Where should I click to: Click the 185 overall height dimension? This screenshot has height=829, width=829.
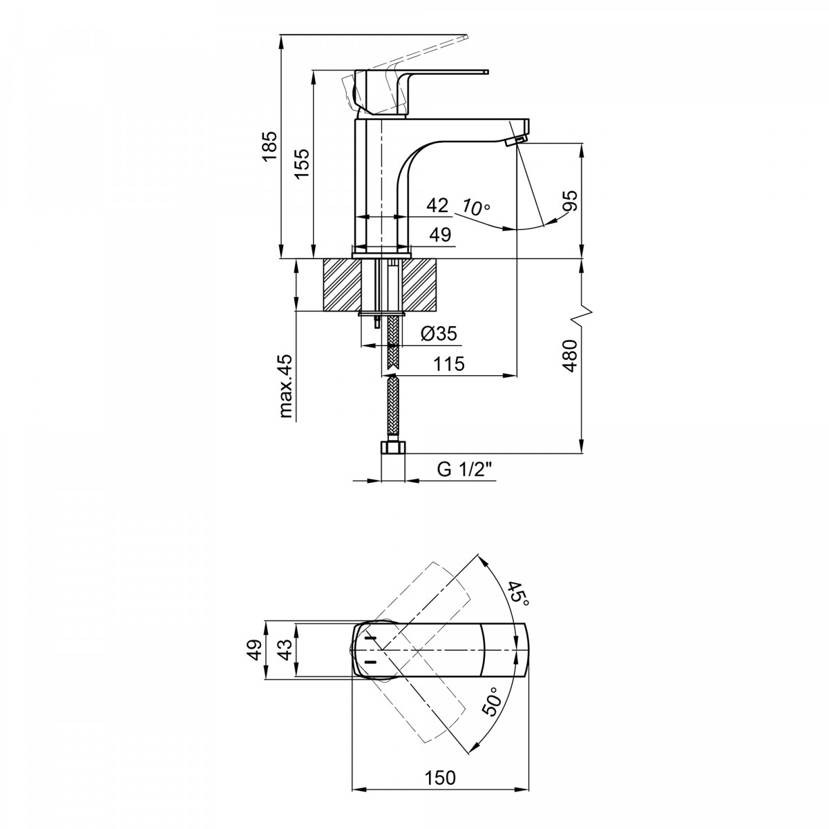click(x=269, y=146)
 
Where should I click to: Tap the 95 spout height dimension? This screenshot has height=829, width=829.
click(x=572, y=200)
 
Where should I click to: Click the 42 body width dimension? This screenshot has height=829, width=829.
click(x=437, y=205)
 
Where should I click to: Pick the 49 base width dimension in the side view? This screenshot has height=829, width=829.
click(x=440, y=235)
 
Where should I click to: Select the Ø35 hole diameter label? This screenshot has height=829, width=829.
click(x=439, y=333)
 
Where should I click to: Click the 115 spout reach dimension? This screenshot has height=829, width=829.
click(x=449, y=364)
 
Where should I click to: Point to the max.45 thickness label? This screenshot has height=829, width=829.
click(x=285, y=386)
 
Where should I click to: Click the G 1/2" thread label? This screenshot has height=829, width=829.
click(x=464, y=469)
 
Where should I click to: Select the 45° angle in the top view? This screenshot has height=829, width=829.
click(x=517, y=594)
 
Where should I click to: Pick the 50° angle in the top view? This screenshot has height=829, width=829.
click(x=493, y=701)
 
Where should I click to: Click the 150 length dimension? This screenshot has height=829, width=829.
click(x=440, y=777)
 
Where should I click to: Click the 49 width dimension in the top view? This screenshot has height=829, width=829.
click(x=256, y=649)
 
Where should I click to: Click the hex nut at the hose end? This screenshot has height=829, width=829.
click(x=393, y=448)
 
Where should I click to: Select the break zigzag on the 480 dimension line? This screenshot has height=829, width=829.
click(x=582, y=315)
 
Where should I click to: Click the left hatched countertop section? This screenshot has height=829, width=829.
click(x=341, y=285)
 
